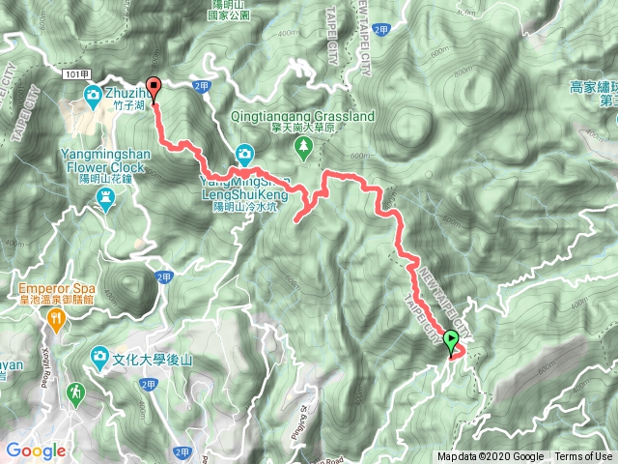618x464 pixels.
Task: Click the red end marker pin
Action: (x=153, y=86)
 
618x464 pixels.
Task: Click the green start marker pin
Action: (x=450, y=340)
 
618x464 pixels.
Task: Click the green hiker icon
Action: (x=76, y=393)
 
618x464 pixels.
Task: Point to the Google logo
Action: (x=36, y=450)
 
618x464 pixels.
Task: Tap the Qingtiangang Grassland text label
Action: (x=302, y=116)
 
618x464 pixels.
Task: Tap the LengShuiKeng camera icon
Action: (x=244, y=154)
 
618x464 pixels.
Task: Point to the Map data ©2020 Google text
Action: (x=490, y=457)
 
